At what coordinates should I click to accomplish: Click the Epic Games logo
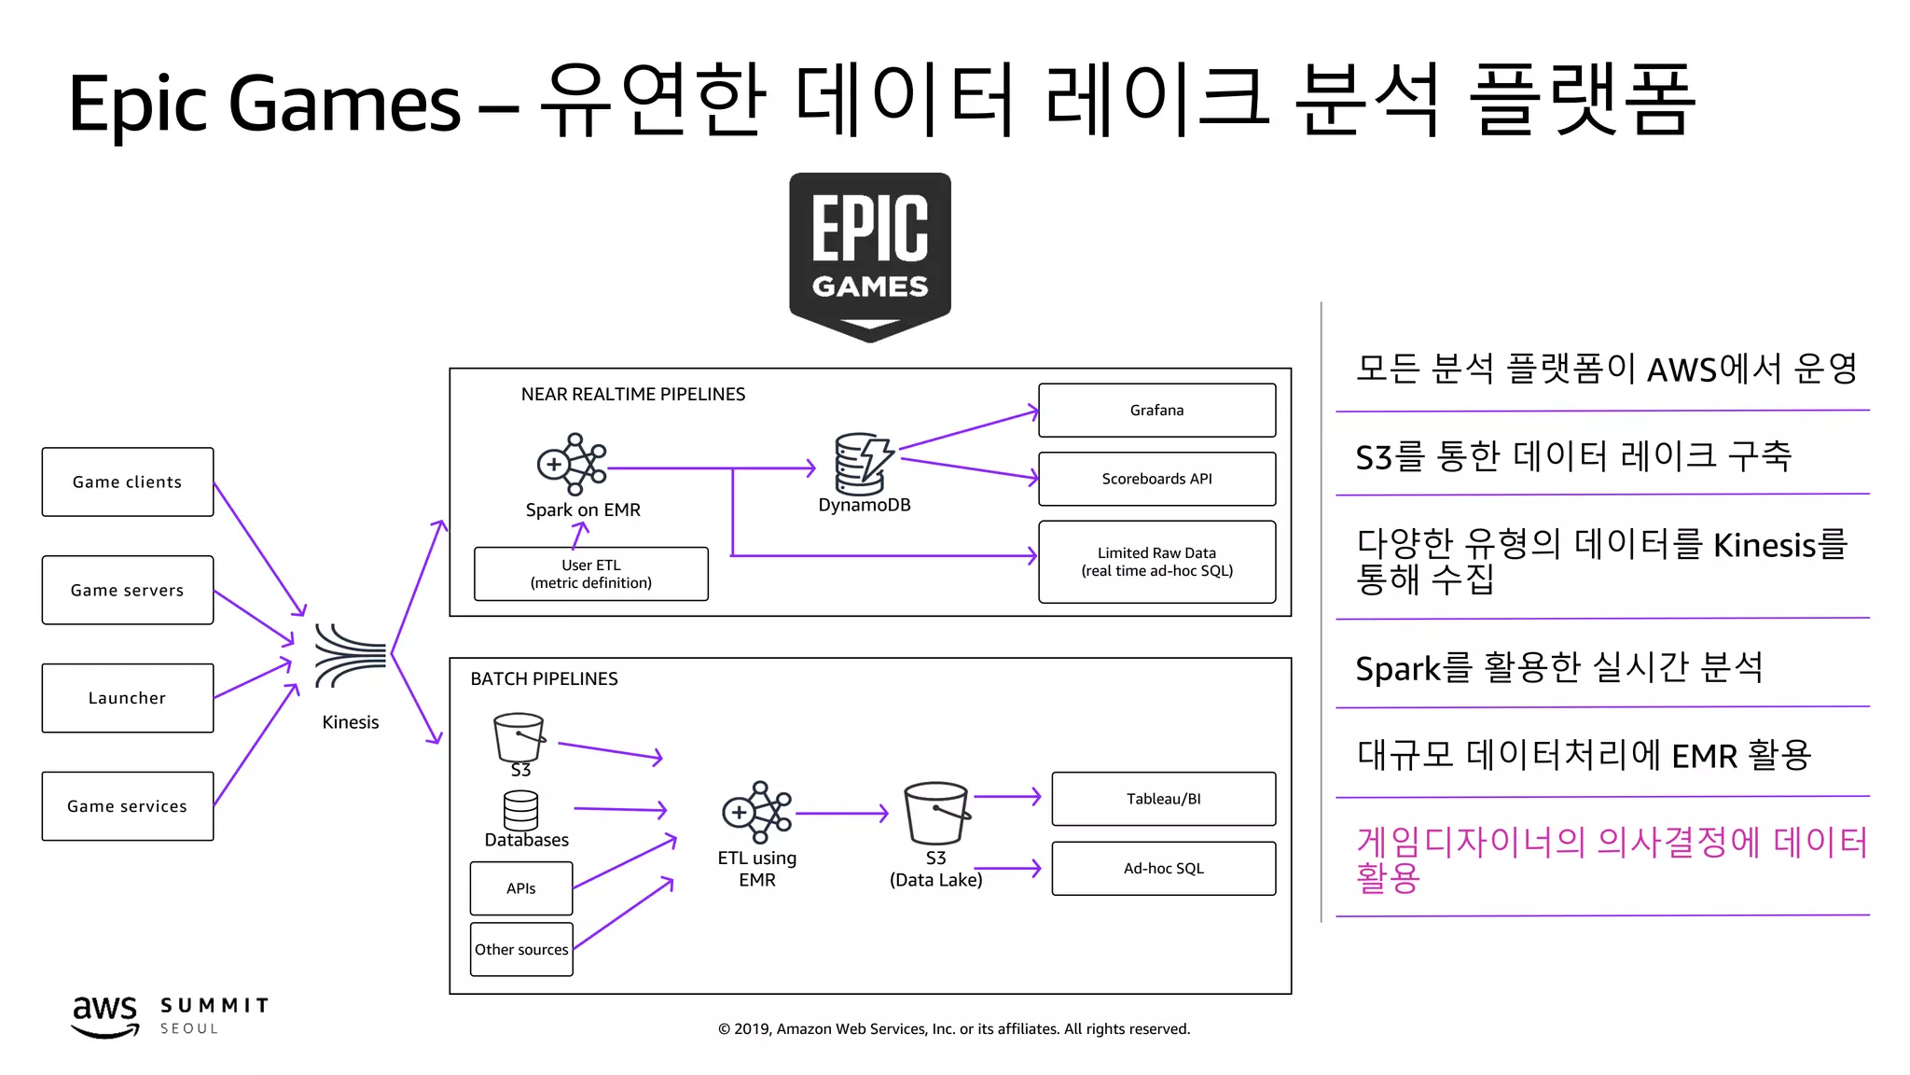point(869,255)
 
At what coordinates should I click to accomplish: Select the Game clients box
point(128,482)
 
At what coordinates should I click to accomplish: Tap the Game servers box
point(128,590)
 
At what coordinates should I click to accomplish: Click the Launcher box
point(128,698)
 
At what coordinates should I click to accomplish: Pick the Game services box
point(128,805)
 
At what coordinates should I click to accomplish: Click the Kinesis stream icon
point(350,655)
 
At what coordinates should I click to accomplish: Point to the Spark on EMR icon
point(573,464)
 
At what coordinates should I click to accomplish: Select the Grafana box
point(1156,410)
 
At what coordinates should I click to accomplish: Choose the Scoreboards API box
point(1156,479)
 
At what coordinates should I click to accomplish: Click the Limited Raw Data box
point(1156,562)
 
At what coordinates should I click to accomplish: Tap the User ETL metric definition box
point(590,574)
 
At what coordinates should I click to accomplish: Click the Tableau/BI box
point(1163,799)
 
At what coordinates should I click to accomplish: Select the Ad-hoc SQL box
point(1163,868)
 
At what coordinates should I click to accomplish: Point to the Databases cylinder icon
point(520,810)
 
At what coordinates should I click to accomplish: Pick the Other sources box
point(521,949)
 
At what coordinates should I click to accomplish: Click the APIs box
point(521,888)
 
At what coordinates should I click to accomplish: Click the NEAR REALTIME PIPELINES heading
point(632,394)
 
